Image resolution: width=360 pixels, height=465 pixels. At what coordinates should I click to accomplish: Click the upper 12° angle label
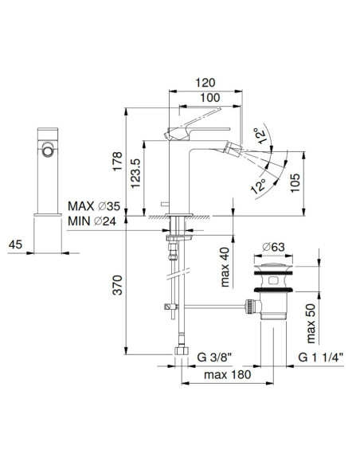click(259, 135)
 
